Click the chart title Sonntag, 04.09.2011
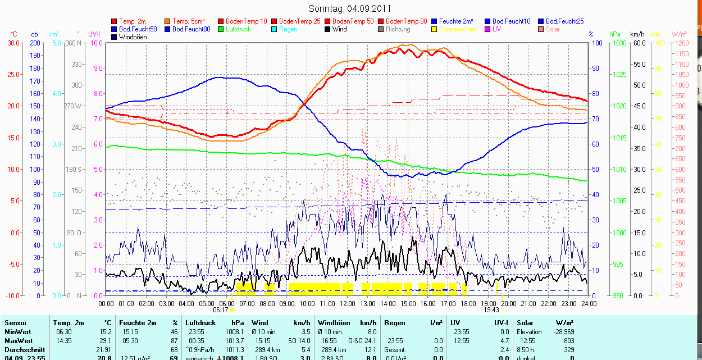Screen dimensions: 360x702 pos(350,8)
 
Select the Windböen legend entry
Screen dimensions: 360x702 pos(131,37)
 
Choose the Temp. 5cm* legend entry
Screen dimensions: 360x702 pos(188,21)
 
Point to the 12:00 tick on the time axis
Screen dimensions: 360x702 pos(347,304)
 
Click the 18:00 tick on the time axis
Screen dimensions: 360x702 pos(468,304)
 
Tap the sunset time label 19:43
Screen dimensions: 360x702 pos(491,309)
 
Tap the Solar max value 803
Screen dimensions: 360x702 pos(569,340)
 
